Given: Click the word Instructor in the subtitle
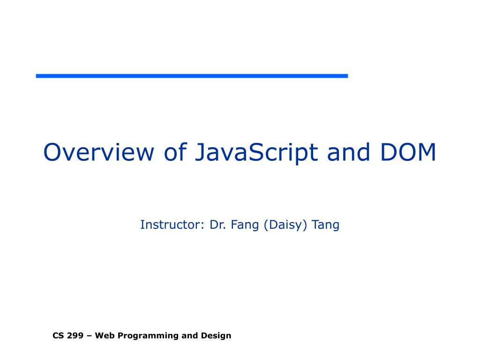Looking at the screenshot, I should click(170, 225).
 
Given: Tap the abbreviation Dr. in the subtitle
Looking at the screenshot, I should click(218, 225).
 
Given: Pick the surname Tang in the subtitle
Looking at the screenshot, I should click(326, 225).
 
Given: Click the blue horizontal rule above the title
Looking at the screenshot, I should click(192, 75).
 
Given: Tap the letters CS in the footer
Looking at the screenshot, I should click(57, 336).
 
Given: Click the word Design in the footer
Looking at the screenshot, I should click(216, 336).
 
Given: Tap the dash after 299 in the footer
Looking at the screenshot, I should click(89, 336).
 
